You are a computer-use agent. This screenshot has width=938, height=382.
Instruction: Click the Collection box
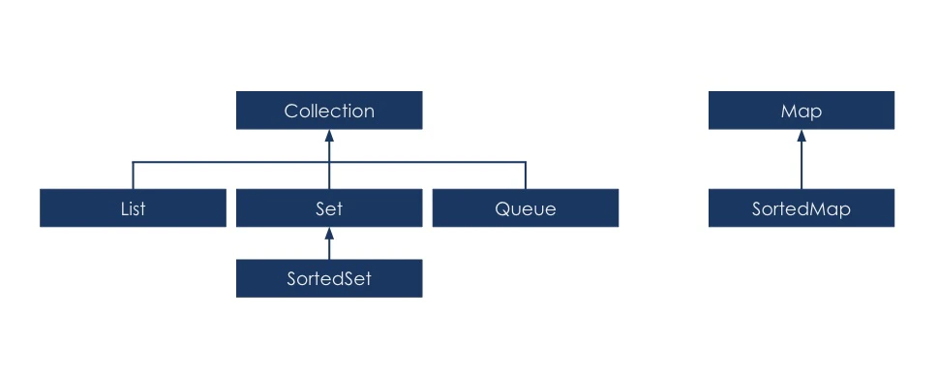329,111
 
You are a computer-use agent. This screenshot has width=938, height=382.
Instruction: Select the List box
133,208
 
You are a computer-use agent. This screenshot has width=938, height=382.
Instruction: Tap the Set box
329,208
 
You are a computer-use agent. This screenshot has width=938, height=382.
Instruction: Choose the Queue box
526,208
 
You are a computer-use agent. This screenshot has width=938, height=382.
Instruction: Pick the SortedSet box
329,279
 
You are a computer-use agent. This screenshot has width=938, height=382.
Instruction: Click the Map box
802,111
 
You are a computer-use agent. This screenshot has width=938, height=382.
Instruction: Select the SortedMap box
802,208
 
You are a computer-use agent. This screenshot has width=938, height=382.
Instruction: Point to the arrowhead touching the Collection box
329,136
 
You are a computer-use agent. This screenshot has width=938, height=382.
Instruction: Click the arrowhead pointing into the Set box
329,234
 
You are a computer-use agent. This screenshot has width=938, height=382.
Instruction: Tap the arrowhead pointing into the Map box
802,136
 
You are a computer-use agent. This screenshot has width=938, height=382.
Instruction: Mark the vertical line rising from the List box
133,176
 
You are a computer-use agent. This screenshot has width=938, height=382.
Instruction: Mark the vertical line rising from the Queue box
526,176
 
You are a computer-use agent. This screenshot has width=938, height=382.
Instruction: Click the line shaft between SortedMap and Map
802,167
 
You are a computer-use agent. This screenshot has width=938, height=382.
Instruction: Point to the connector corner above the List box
133,162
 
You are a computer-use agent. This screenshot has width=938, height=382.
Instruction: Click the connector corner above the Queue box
526,162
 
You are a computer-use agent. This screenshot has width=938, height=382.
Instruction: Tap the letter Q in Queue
501,208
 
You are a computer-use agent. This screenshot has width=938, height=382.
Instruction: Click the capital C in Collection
290,111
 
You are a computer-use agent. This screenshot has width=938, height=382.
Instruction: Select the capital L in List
123,208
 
